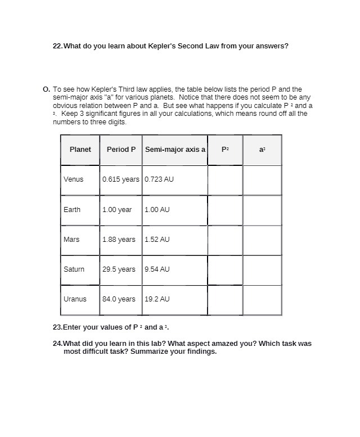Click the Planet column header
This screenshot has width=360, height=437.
80,150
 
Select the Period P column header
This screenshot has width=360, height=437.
121,150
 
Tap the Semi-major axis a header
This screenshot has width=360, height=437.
175,150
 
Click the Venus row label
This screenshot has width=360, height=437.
73,179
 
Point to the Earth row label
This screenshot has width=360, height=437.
72,210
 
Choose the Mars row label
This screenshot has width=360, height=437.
71,240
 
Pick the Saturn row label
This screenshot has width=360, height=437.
74,269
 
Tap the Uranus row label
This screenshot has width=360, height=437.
75,299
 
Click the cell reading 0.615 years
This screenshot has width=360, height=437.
120,179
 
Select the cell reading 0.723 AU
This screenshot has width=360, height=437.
159,179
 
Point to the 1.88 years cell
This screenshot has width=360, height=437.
119,240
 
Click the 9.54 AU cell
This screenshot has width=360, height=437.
157,269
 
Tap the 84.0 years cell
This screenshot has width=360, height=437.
119,299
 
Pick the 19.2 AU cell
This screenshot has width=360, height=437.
157,299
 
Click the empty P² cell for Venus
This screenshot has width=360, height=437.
225,180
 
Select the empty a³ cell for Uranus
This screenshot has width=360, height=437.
262,300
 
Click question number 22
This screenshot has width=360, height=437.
57,46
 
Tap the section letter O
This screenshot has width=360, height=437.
46,89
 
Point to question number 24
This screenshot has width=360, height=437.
57,344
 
